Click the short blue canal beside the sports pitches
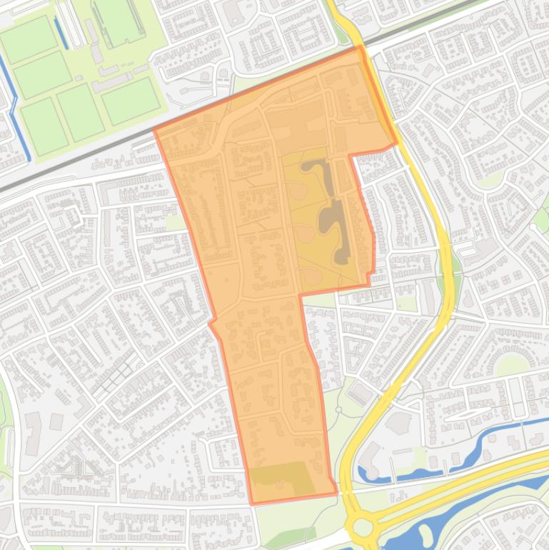tap(61, 33)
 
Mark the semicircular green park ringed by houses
tap(513, 364)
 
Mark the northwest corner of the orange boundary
tap(155, 131)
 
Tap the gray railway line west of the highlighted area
tap(71, 161)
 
